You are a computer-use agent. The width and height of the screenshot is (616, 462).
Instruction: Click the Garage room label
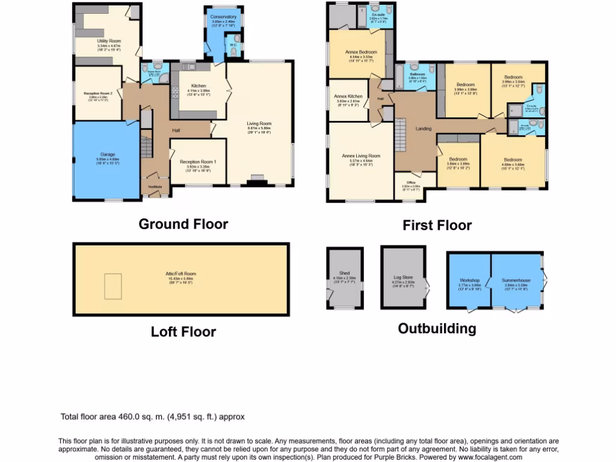pos(108,155)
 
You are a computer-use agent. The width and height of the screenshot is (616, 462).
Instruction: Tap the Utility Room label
pos(109,41)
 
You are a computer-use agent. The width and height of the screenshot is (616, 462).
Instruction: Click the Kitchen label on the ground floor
pos(199,85)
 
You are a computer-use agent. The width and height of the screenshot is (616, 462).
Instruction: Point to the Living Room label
pos(259,125)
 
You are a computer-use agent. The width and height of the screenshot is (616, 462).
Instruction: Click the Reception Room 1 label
pos(198,162)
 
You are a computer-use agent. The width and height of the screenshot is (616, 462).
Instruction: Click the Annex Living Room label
pos(361,155)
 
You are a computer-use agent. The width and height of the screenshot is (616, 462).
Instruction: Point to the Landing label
pos(424,128)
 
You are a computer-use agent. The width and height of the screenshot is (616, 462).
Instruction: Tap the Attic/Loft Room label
pos(181,274)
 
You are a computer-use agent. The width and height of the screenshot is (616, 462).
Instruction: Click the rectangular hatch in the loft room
pos(113,286)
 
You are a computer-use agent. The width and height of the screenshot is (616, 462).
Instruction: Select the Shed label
pos(344,272)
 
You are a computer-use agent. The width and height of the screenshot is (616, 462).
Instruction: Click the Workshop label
pos(470,280)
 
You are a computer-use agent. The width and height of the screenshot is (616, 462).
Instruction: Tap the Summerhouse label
pos(516,280)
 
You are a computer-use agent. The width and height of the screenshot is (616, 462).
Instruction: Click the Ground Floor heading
pos(183,224)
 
